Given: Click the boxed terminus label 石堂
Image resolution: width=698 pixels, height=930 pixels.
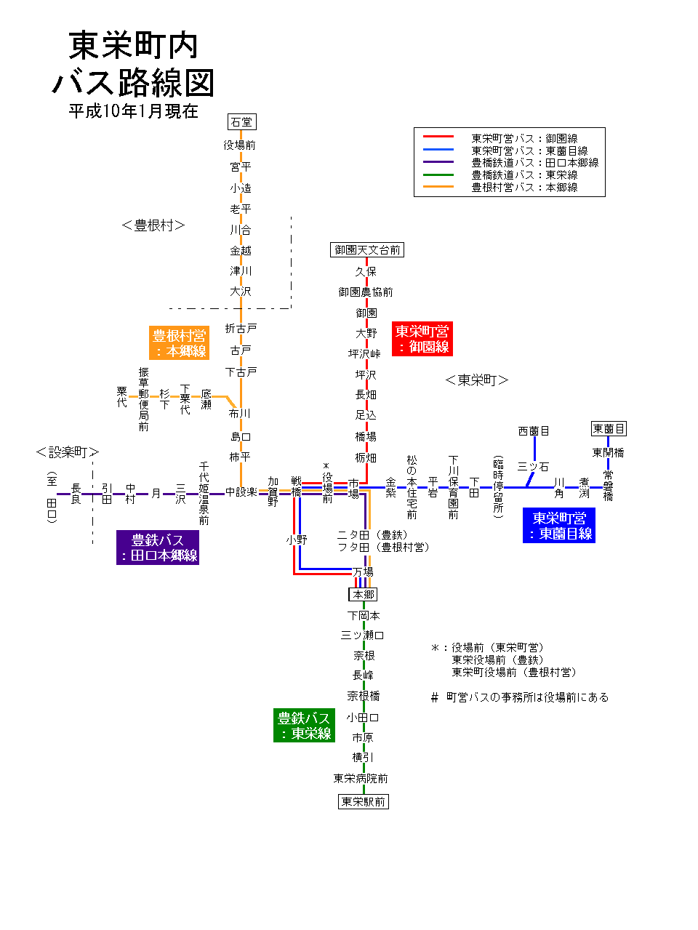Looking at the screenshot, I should pos(241,122).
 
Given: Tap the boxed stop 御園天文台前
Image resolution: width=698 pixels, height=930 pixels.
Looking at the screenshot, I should pos(366,250).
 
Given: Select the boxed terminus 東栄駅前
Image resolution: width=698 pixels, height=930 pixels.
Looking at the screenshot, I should pos(364,801).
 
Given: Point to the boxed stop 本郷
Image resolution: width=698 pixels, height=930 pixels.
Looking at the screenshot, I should pos(363,595).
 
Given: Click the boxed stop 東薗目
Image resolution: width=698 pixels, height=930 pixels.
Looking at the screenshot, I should pos(609,429).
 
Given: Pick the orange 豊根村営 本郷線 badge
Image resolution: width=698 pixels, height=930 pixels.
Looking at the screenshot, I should pos(179,343).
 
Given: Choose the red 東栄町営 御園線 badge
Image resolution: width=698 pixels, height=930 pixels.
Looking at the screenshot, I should pos(422,339).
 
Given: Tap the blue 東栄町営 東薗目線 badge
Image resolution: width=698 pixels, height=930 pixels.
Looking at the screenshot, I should pos(559,526).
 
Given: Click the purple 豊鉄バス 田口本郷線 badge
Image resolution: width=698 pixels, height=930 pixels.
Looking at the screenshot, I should pos(158,548).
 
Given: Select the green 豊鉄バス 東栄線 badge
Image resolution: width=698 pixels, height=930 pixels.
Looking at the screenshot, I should pos(304,726).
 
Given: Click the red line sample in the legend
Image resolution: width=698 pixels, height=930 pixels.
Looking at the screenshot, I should pos(438,137).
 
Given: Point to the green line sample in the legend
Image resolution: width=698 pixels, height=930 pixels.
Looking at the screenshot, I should pos(438,175).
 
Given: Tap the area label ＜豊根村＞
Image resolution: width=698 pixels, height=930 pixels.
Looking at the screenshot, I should pos(153,225).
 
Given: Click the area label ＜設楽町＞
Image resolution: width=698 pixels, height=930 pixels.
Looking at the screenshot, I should pos(67,452).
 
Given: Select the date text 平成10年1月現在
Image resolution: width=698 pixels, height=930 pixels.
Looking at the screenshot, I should pos(133,111).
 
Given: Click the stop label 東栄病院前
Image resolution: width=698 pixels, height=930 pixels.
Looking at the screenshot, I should pos(361,778).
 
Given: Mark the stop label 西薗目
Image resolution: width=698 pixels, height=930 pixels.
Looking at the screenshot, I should pos(534,431).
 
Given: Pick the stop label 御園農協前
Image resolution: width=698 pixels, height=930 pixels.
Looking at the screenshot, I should pos(366,292).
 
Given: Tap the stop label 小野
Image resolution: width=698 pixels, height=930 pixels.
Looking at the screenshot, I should pos(297,540).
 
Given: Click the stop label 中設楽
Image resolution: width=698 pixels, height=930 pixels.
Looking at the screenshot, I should pos(241,492).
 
